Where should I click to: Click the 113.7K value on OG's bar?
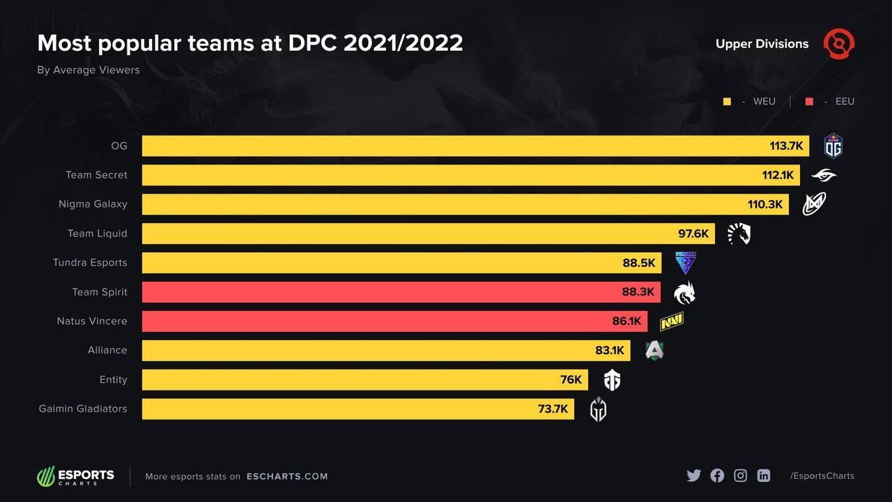coord(786,146)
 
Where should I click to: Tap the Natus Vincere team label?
coord(92,321)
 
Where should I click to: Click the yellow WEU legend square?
coord(727,102)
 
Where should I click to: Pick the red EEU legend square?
coord(809,102)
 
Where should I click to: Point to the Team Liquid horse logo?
coord(739,234)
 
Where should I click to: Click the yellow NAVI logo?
coord(671,321)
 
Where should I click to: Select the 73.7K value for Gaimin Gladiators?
coord(553,409)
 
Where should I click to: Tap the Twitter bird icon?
coord(693,476)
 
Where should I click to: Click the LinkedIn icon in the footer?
coord(764,476)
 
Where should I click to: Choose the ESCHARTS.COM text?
coord(287,476)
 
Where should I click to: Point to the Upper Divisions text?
coord(762,44)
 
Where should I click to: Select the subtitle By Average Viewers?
coord(89,70)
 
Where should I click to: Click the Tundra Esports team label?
coord(90,263)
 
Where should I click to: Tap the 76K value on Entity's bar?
coord(571,380)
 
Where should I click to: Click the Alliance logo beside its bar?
coord(654,351)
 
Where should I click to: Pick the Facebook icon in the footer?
coord(717,476)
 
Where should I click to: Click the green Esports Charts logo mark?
coord(45,476)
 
